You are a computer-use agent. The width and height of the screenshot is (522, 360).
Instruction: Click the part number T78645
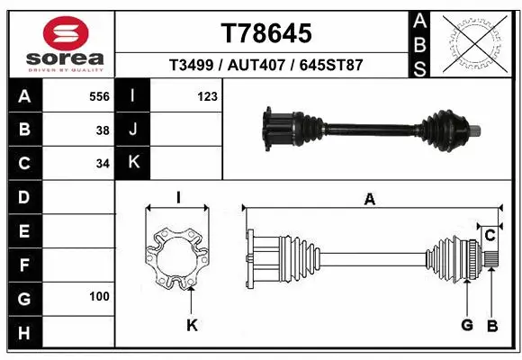click(266, 33)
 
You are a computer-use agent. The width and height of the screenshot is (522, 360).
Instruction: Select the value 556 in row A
click(99, 96)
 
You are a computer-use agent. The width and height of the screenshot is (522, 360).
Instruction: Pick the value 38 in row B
click(103, 130)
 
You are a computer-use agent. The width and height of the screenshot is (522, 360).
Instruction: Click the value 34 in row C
click(103, 163)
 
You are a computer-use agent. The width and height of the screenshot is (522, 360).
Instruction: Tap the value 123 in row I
click(207, 96)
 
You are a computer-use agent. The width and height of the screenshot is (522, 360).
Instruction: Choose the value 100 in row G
click(99, 296)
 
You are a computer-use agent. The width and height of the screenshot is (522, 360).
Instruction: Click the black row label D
click(23, 196)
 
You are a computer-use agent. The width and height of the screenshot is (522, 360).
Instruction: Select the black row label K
click(133, 163)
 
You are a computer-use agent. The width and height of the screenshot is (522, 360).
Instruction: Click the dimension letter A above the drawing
click(369, 200)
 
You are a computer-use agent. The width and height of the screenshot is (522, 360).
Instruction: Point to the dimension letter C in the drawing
click(490, 236)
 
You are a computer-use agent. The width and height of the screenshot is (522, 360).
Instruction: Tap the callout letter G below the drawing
click(466, 325)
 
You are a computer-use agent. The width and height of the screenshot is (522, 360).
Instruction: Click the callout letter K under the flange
click(192, 325)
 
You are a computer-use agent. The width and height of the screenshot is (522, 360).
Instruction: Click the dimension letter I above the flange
click(178, 196)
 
